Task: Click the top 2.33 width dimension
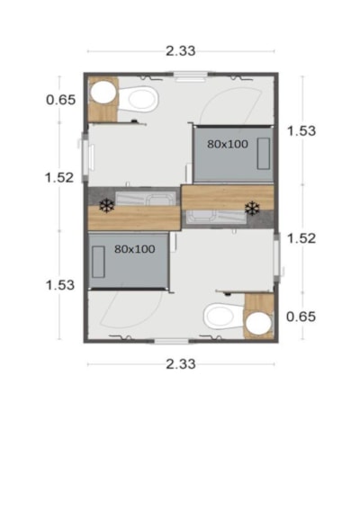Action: click(181, 51)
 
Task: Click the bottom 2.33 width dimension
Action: click(181, 364)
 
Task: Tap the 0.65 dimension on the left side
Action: click(61, 100)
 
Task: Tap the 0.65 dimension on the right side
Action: click(301, 317)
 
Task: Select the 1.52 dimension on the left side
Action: click(59, 177)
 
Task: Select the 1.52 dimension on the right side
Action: click(301, 238)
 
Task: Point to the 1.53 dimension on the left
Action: click(60, 285)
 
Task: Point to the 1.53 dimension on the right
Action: click(301, 130)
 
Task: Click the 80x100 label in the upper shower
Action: click(228, 144)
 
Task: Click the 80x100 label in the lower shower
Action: click(135, 249)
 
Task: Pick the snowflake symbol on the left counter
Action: click(107, 206)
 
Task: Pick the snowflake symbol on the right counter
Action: click(252, 209)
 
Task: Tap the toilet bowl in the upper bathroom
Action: click(139, 99)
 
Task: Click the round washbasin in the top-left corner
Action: click(103, 93)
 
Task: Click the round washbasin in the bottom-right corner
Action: click(258, 324)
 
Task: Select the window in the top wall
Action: click(191, 76)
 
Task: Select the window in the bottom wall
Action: click(171, 341)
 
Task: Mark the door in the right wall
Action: click(277, 257)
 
